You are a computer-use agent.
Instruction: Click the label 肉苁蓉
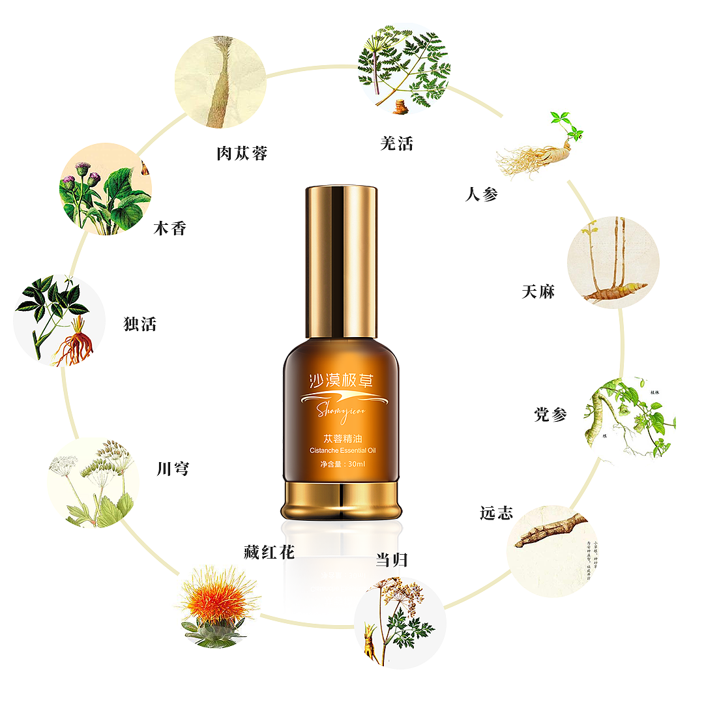pyautogui.click(x=242, y=153)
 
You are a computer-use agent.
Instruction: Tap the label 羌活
pyautogui.click(x=396, y=143)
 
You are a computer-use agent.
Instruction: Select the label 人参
pyautogui.click(x=482, y=194)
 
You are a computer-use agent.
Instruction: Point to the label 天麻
pyautogui.click(x=538, y=291)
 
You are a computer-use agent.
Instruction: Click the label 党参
pyautogui.click(x=551, y=415)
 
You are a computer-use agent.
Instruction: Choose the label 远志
pyautogui.click(x=496, y=513)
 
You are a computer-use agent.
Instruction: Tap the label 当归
pyautogui.click(x=392, y=559)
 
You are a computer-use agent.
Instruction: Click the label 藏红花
pyautogui.click(x=265, y=553)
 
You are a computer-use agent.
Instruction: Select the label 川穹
pyautogui.click(x=173, y=468)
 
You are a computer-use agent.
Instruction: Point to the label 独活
pyautogui.click(x=140, y=324)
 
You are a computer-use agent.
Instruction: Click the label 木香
pyautogui.click(x=169, y=228)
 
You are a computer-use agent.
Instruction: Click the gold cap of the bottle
pyautogui.click(x=341, y=261)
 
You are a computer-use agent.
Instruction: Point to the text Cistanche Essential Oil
pyautogui.click(x=341, y=450)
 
